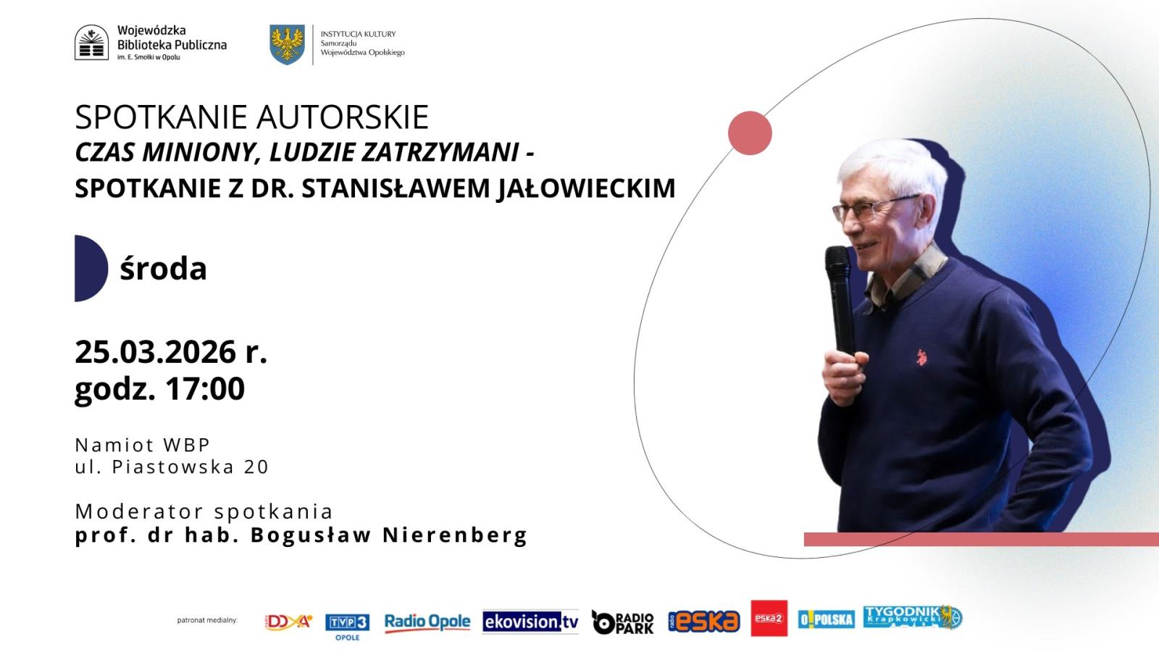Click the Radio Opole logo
427,622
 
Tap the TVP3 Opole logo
347,627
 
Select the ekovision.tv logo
530,622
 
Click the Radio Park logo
622,622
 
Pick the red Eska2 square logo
769,619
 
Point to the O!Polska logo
826,619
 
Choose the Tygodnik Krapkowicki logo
913,617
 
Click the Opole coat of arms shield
287,45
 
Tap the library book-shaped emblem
91,43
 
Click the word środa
163,269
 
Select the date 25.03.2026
156,352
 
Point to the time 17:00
205,388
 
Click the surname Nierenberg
455,535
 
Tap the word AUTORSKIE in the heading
342,117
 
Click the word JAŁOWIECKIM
586,189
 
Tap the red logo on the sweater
921,357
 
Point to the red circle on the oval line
750,133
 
